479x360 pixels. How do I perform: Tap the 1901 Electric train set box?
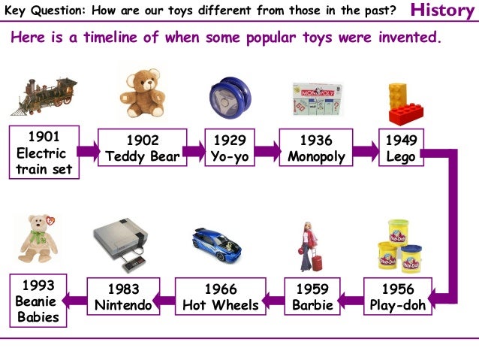(44, 153)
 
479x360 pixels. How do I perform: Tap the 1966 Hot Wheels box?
(220, 297)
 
